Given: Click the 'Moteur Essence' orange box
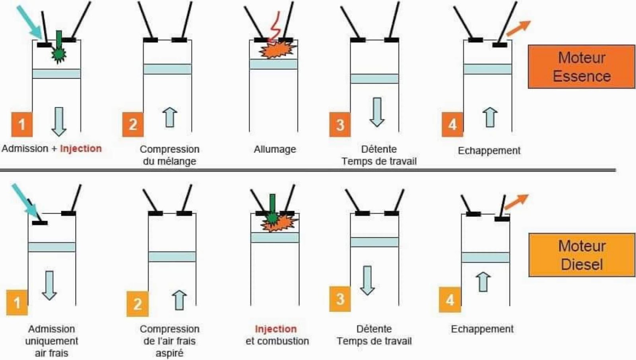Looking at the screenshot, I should coord(581,67).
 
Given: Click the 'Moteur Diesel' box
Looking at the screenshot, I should coord(582,255).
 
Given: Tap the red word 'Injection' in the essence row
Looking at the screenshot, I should coord(81,148).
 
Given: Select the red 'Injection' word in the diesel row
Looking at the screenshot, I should coord(275,329).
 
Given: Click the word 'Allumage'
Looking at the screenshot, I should coord(275,149).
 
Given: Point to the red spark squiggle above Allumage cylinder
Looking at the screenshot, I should coord(275,26).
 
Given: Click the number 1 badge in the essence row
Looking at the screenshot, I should coord(22,124).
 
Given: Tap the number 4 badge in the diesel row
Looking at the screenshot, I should coord(450,300).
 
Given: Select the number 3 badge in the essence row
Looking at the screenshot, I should coord(340,125).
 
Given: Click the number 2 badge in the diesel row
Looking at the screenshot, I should coord(137,304).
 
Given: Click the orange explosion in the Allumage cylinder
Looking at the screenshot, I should coord(278,50).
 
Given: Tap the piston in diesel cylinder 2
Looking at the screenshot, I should coord(172,256).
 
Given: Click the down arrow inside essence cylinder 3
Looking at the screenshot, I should coord(376,112).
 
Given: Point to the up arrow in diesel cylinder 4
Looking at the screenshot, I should coord(483,281).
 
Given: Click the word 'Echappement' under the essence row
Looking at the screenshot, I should coord(489,151).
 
